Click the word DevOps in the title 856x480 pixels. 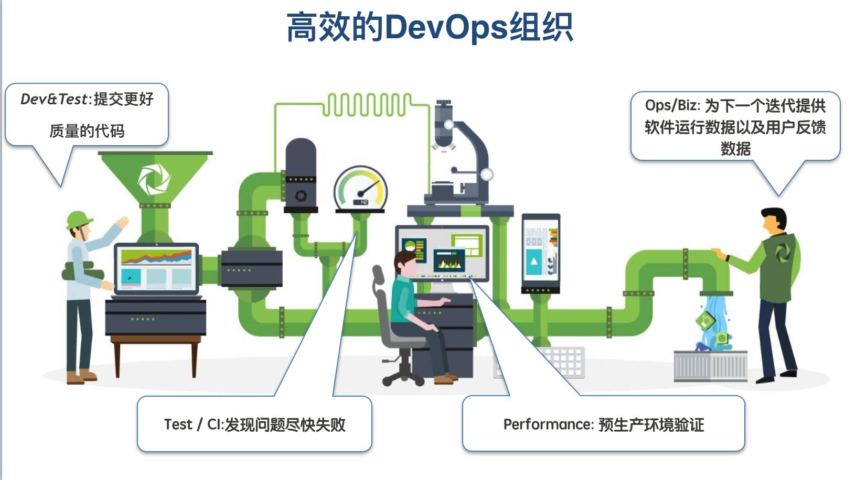tap(446, 27)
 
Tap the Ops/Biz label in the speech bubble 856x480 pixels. tap(672, 105)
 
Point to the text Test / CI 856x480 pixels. tap(193, 424)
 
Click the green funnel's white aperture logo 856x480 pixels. tap(154, 179)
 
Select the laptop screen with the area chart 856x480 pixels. tap(156, 267)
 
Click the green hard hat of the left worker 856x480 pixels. tap(79, 219)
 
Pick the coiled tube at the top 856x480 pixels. tap(366, 104)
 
